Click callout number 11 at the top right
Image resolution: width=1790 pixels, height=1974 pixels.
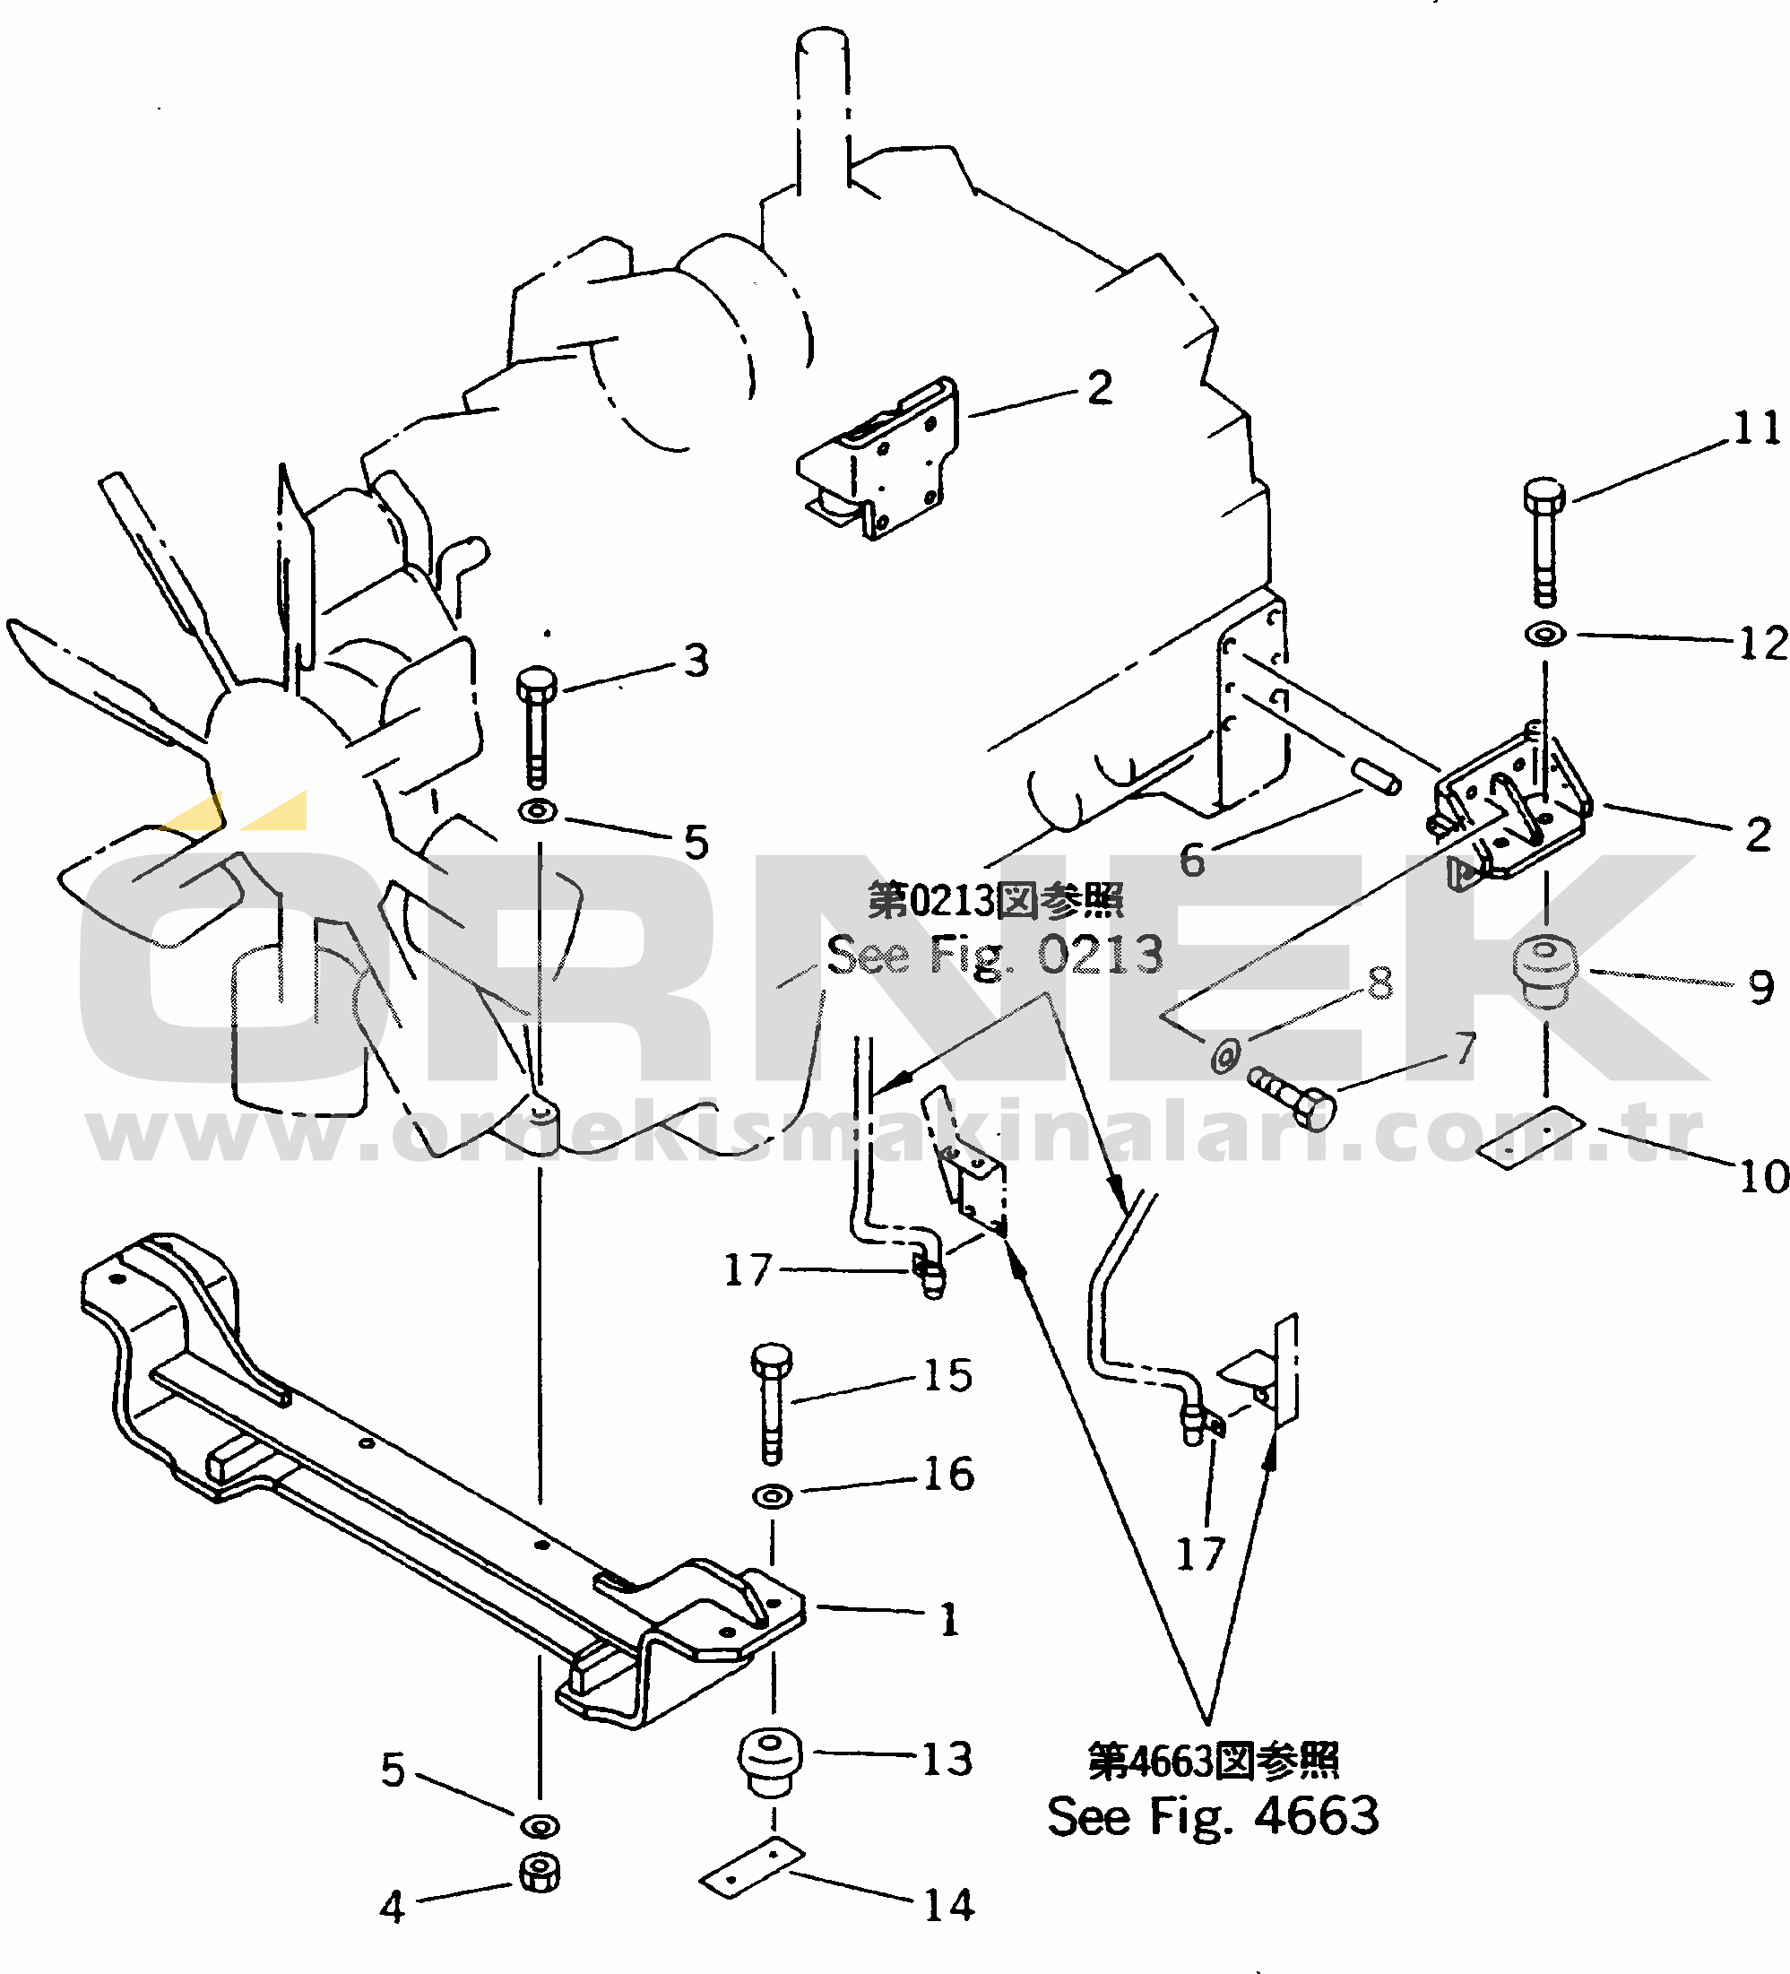pos(1757,429)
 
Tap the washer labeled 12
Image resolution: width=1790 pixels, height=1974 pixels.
pos(1545,635)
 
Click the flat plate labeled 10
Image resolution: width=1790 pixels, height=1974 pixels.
pos(1531,1137)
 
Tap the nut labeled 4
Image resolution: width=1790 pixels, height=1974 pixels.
pos(539,1873)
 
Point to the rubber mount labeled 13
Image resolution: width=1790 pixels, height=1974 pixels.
pos(771,1762)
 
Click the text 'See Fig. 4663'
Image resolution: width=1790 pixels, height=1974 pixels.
pos(1212,1816)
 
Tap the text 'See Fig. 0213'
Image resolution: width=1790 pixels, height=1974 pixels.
pos(995,955)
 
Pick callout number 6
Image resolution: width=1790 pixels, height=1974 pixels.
pos(1192,861)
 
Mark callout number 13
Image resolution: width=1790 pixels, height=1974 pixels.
pos(947,1760)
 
